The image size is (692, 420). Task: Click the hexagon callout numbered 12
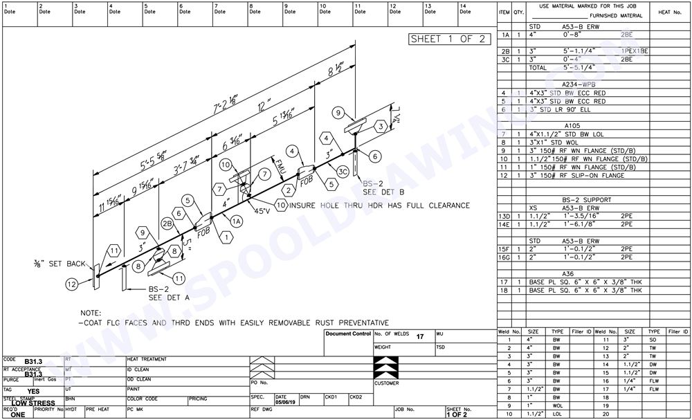(x=72, y=283)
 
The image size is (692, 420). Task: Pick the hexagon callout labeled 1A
(x=235, y=221)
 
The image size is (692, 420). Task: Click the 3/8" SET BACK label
(x=60, y=263)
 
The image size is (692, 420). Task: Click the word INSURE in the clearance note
(x=309, y=206)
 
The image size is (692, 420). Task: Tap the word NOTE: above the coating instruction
(x=91, y=313)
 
